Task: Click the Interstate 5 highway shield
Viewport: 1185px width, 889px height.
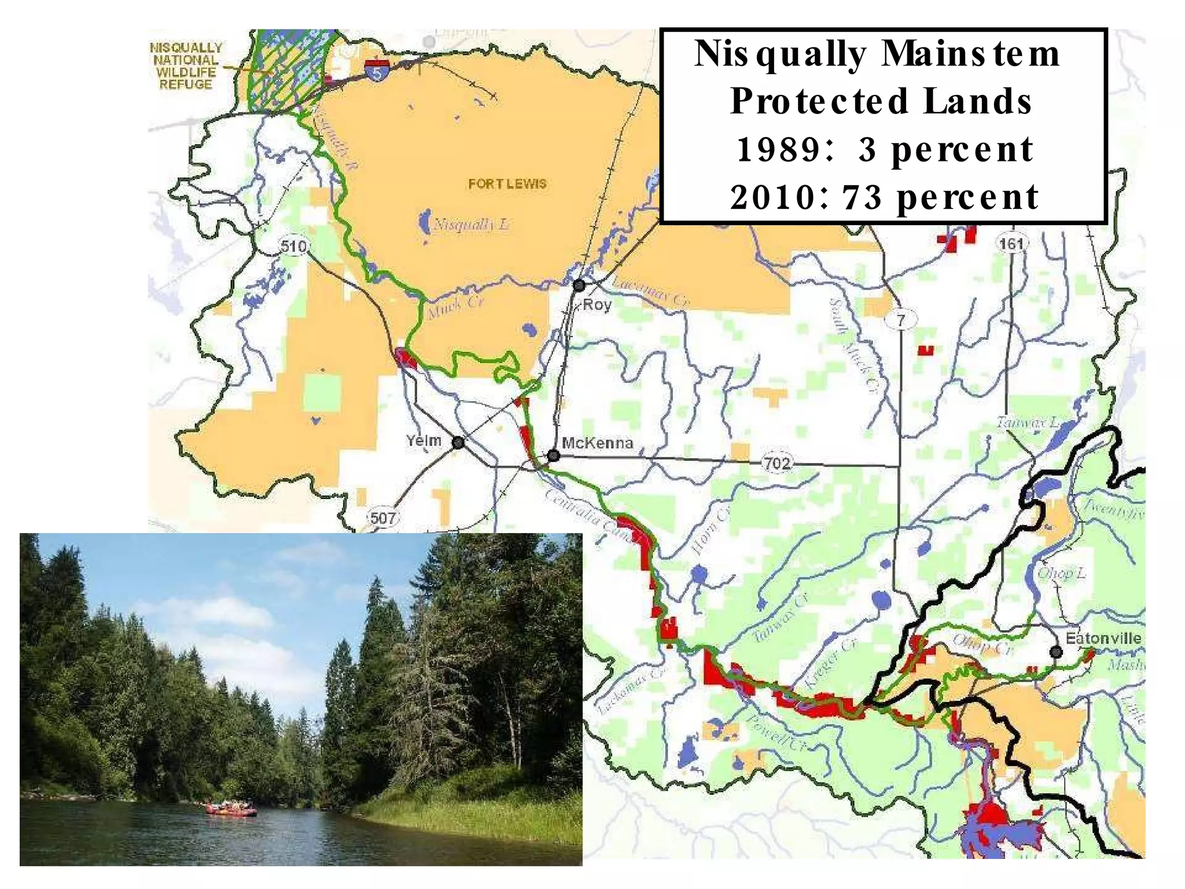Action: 377,70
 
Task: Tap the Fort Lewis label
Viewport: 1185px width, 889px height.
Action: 507,184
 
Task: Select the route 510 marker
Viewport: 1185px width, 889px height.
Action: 293,247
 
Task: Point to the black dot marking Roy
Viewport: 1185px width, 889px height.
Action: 579,285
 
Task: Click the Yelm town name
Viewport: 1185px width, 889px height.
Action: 424,441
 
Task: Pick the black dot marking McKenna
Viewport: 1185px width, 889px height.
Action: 553,456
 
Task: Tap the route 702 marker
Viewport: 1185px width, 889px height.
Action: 776,464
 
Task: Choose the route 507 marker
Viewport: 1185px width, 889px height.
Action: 382,517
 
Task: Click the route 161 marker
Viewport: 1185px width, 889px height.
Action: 1011,244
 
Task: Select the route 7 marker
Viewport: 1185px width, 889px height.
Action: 901,319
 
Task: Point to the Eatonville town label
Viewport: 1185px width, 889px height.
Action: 1103,638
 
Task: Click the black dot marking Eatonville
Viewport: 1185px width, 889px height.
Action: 1056,652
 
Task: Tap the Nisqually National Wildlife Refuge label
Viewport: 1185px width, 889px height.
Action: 186,66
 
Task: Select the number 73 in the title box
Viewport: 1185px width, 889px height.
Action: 862,197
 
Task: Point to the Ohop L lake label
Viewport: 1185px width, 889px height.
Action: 1061,573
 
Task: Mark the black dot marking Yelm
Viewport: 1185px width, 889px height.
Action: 458,443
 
